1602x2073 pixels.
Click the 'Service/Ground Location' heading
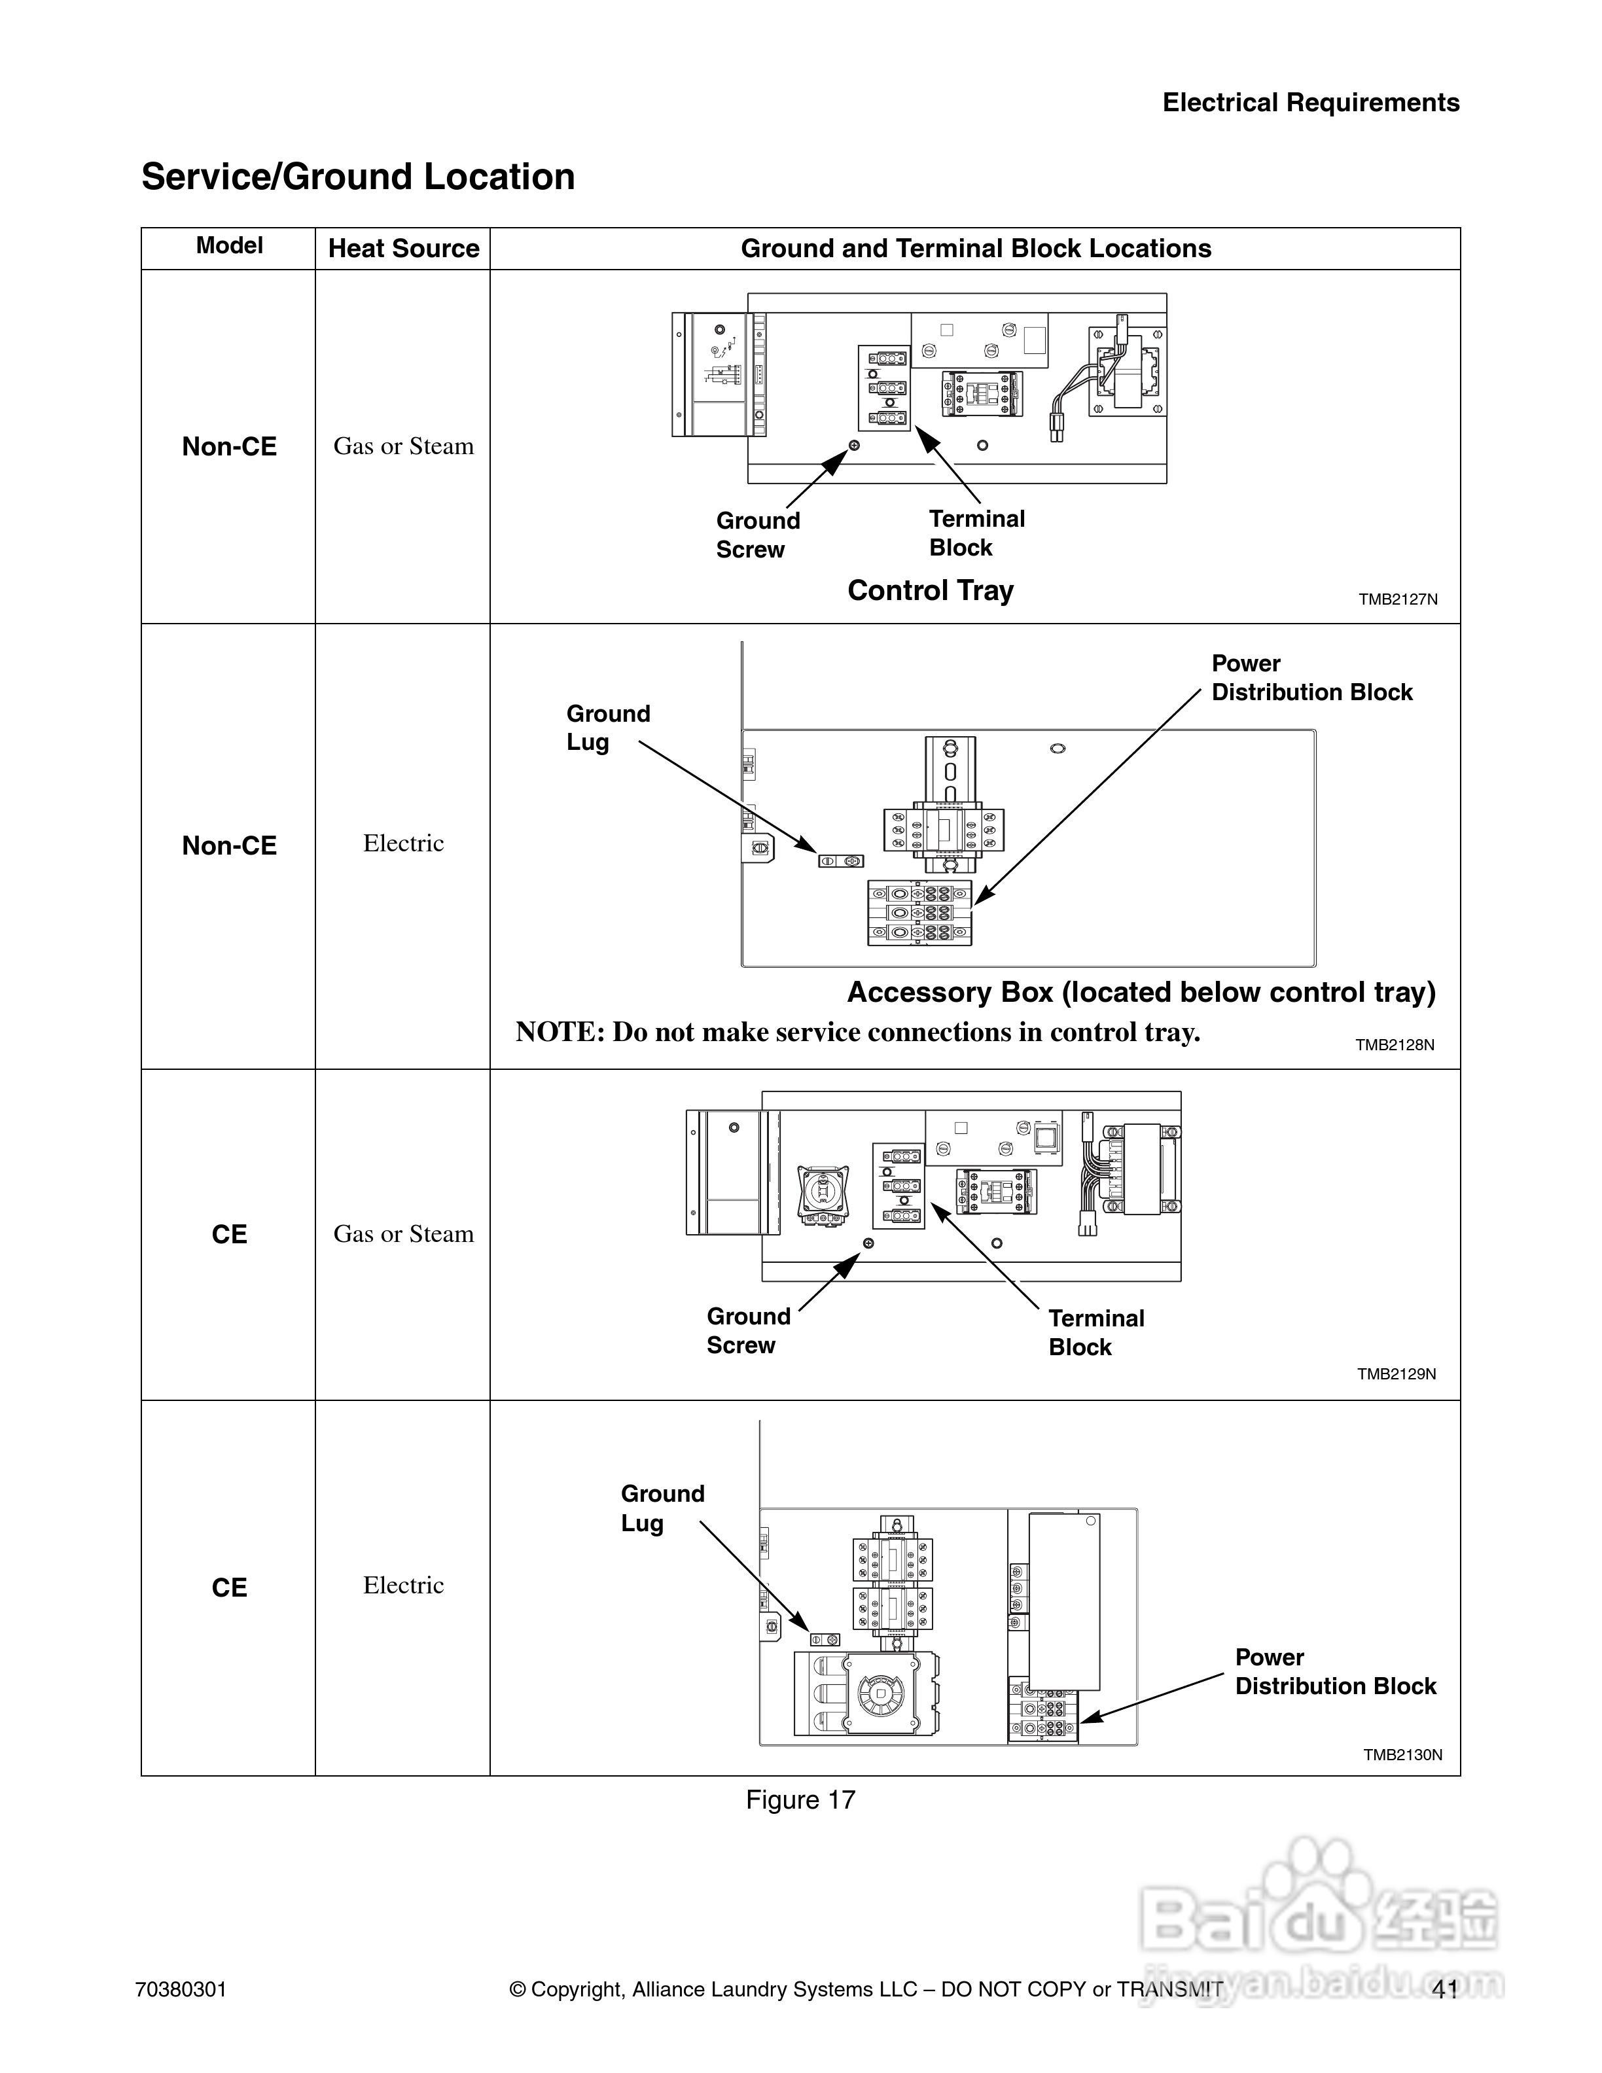point(358,177)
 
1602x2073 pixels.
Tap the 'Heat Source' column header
point(403,249)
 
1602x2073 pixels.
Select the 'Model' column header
point(229,246)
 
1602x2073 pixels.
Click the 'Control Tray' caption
point(930,590)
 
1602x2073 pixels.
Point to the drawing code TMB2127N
point(1397,600)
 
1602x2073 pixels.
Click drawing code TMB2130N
point(1402,1755)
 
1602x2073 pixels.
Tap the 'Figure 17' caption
point(800,1801)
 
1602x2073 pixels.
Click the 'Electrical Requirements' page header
point(1311,103)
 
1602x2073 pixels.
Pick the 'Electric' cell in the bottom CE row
point(403,1585)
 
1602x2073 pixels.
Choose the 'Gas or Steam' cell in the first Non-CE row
point(403,446)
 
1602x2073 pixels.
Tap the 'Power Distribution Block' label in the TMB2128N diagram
point(1311,678)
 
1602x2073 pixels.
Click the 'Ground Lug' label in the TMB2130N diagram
point(662,1508)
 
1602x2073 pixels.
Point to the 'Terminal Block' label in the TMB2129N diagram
point(1096,1333)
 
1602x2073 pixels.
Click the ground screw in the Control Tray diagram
point(853,445)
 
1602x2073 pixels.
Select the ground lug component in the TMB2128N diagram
point(841,861)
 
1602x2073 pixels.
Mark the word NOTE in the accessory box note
point(559,1033)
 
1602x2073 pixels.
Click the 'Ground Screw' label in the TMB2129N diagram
point(748,1331)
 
